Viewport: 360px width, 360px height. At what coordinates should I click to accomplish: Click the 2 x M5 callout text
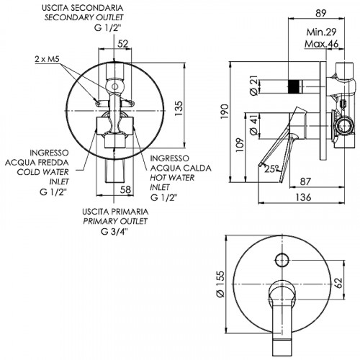coord(47,59)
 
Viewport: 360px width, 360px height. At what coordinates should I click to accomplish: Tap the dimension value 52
coord(123,44)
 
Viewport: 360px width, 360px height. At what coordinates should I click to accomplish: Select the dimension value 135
coord(179,109)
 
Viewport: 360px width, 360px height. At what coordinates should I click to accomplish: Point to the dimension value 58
coord(125,189)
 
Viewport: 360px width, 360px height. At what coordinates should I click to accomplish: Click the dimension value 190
coord(225,111)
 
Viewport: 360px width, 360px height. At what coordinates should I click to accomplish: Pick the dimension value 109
coord(240,145)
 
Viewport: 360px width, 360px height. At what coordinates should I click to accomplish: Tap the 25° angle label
coord(271,168)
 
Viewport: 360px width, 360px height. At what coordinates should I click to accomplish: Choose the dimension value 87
coord(305,181)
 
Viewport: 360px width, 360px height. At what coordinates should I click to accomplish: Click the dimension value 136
coord(303,197)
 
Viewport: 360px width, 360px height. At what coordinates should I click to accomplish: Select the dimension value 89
coord(321,14)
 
